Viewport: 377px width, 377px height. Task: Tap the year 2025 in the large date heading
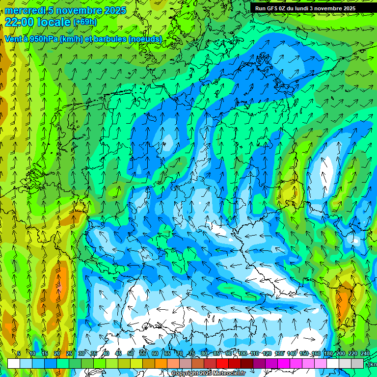[x=112, y=10]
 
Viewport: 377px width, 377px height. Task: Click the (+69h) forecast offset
[x=84, y=22]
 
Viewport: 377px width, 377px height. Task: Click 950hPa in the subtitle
[x=42, y=39]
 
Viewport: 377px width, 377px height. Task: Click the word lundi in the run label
[x=303, y=8]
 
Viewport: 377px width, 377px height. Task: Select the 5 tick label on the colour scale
[x=19, y=353]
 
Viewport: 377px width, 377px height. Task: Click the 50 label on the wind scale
[x=131, y=353]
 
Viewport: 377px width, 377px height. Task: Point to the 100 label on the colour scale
[x=242, y=353]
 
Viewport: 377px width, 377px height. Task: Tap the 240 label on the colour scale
[x=365, y=353]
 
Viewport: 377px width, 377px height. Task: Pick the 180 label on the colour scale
[x=328, y=353]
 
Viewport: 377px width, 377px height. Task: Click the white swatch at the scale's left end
[x=14, y=363]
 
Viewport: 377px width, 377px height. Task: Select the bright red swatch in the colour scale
[x=222, y=363]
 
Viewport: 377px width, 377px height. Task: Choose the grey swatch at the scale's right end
[x=357, y=363]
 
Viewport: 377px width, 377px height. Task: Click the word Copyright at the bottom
[x=185, y=374]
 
